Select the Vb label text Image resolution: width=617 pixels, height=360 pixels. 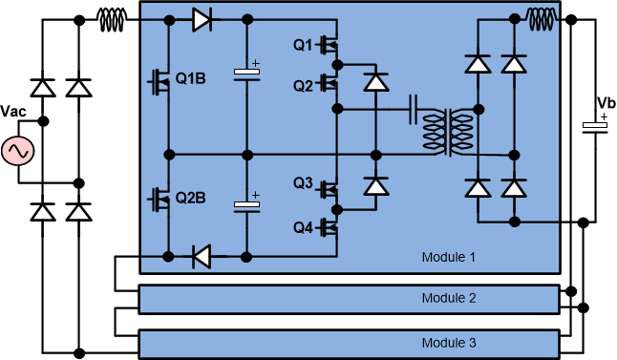tap(605, 103)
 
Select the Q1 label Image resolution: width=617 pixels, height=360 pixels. tap(303, 45)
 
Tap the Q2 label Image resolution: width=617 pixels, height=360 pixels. tap(303, 85)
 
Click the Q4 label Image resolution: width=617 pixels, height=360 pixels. tap(303, 226)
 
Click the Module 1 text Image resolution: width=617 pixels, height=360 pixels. tap(448, 257)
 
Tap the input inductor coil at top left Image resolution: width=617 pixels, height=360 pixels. tap(113, 16)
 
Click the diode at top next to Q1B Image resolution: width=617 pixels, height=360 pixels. tap(202, 20)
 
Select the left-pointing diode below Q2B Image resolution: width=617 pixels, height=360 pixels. tap(202, 256)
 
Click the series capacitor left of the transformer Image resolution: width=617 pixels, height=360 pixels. tap(415, 109)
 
